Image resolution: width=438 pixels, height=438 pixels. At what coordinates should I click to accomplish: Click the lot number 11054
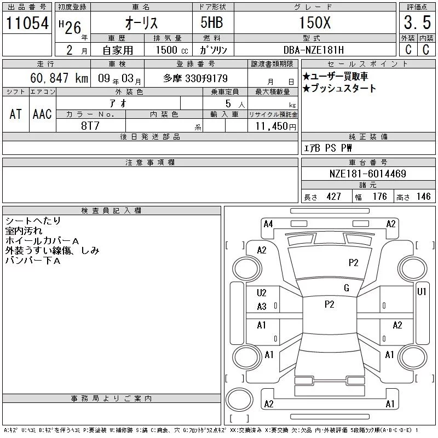coord(27,22)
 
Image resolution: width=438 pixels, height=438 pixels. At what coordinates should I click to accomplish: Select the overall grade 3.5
coord(417,22)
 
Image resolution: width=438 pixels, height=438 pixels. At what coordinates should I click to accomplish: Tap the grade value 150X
coord(315,22)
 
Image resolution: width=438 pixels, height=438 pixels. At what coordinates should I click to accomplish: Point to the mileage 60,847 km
coord(59,78)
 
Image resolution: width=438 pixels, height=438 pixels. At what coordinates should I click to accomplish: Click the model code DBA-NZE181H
coord(313,50)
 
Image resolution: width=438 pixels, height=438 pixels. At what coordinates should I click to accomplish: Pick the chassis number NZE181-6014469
coord(367,174)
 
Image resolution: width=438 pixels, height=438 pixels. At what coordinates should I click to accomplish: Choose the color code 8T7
coord(90,126)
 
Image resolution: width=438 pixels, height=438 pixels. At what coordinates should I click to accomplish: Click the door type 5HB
coord(212,22)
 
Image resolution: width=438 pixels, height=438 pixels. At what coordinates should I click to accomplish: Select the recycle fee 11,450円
coord(276,126)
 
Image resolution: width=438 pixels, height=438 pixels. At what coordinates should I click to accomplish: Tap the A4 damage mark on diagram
coord(268,224)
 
